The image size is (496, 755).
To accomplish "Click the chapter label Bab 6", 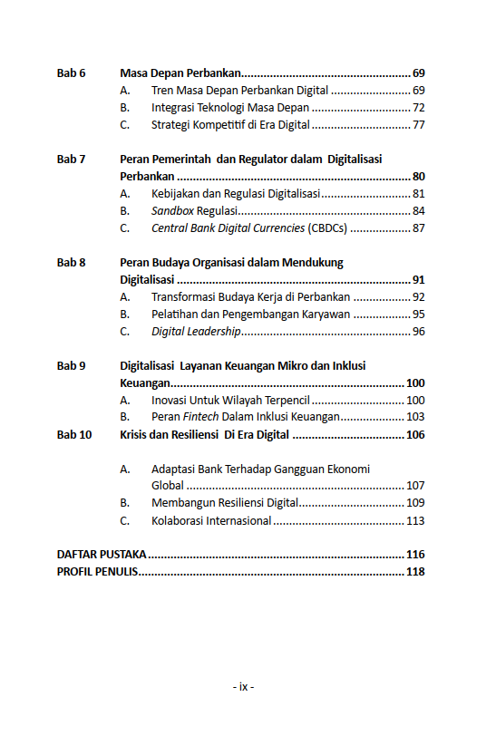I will [71, 73].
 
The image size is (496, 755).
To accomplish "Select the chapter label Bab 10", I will [74, 435].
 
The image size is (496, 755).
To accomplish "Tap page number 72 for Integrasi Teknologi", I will [418, 108].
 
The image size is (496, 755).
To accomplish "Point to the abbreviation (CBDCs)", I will [327, 228].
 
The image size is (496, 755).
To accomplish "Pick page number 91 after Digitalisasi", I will [418, 280].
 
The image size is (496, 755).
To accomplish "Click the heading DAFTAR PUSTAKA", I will [102, 554].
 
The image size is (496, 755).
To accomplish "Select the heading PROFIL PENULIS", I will [97, 571].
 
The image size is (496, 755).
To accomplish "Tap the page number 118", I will [415, 571].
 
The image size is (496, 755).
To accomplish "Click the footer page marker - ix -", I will [243, 687].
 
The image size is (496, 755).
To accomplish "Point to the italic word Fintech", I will [201, 417].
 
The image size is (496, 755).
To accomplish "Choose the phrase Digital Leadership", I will [196, 332].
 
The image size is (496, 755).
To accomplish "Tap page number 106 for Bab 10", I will [415, 435].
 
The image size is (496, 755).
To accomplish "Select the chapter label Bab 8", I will [71, 263].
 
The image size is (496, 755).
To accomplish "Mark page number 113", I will [415, 520].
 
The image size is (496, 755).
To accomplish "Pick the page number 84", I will [418, 211].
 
